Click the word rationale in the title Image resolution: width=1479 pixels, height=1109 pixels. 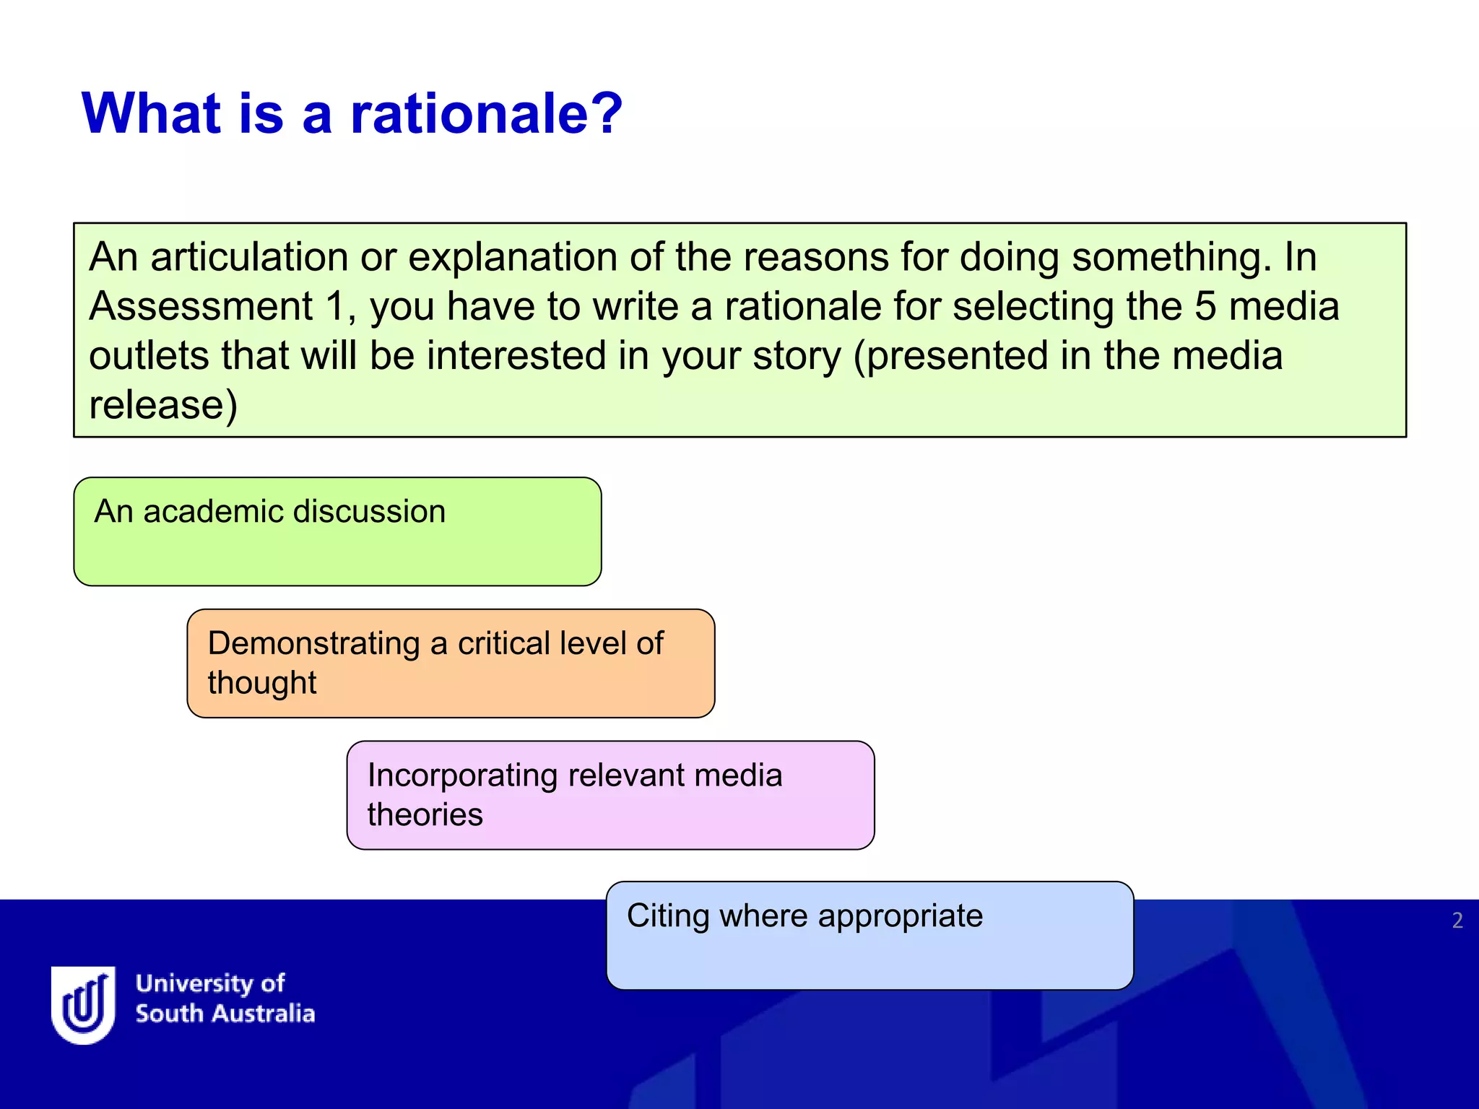(485, 114)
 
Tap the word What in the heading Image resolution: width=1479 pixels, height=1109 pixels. (151, 114)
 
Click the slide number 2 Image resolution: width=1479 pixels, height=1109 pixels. (1457, 921)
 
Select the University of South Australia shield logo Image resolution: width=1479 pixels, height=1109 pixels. (83, 1004)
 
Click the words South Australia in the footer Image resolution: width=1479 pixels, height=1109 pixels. (225, 1014)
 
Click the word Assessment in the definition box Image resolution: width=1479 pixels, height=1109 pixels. (201, 306)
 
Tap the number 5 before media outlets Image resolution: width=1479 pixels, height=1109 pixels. (1205, 306)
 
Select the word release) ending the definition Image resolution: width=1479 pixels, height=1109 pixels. (162, 405)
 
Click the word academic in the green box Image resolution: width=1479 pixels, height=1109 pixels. (212, 512)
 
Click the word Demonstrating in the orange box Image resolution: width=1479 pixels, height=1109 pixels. (313, 643)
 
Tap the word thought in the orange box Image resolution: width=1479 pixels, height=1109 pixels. (262, 683)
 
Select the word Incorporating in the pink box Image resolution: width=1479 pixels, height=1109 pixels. (463, 775)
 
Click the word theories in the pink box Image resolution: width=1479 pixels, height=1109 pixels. (425, 815)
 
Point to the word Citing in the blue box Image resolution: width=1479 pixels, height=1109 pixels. (668, 917)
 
